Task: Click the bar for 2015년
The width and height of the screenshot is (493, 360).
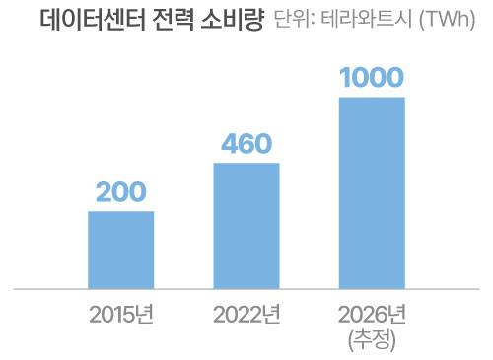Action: click(x=121, y=250)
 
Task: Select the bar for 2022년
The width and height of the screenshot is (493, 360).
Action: click(x=246, y=226)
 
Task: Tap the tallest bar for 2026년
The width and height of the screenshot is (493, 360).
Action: click(x=372, y=192)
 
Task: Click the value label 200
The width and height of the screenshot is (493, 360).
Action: click(x=121, y=193)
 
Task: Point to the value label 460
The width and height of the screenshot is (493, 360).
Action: click(x=246, y=145)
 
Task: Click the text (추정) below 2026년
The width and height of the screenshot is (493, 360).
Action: click(x=372, y=341)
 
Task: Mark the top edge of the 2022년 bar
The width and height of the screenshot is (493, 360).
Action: click(x=246, y=164)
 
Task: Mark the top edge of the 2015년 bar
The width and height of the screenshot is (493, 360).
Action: click(x=121, y=212)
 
